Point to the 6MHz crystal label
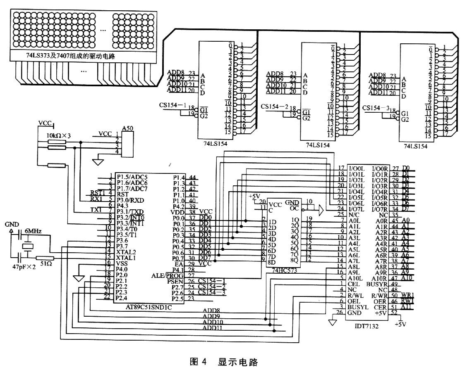click(34, 232)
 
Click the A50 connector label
click(127, 128)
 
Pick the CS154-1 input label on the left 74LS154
click(173, 105)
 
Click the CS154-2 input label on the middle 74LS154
click(275, 107)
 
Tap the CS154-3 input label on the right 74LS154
click(376, 108)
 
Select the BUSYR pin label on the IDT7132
click(376, 284)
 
